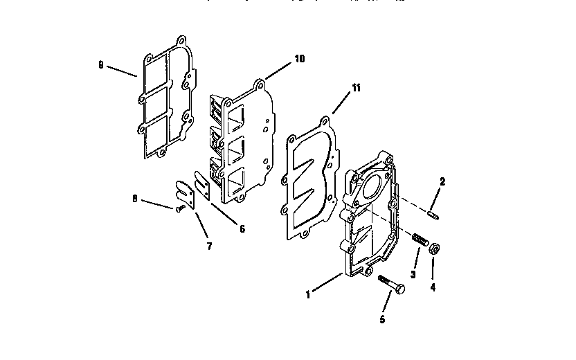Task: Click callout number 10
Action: click(299, 59)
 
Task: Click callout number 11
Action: click(356, 88)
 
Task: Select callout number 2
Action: click(442, 182)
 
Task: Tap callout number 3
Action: click(413, 274)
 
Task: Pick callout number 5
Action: click(381, 320)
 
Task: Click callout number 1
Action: click(309, 294)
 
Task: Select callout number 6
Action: click(242, 229)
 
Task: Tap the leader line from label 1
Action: click(327, 284)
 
